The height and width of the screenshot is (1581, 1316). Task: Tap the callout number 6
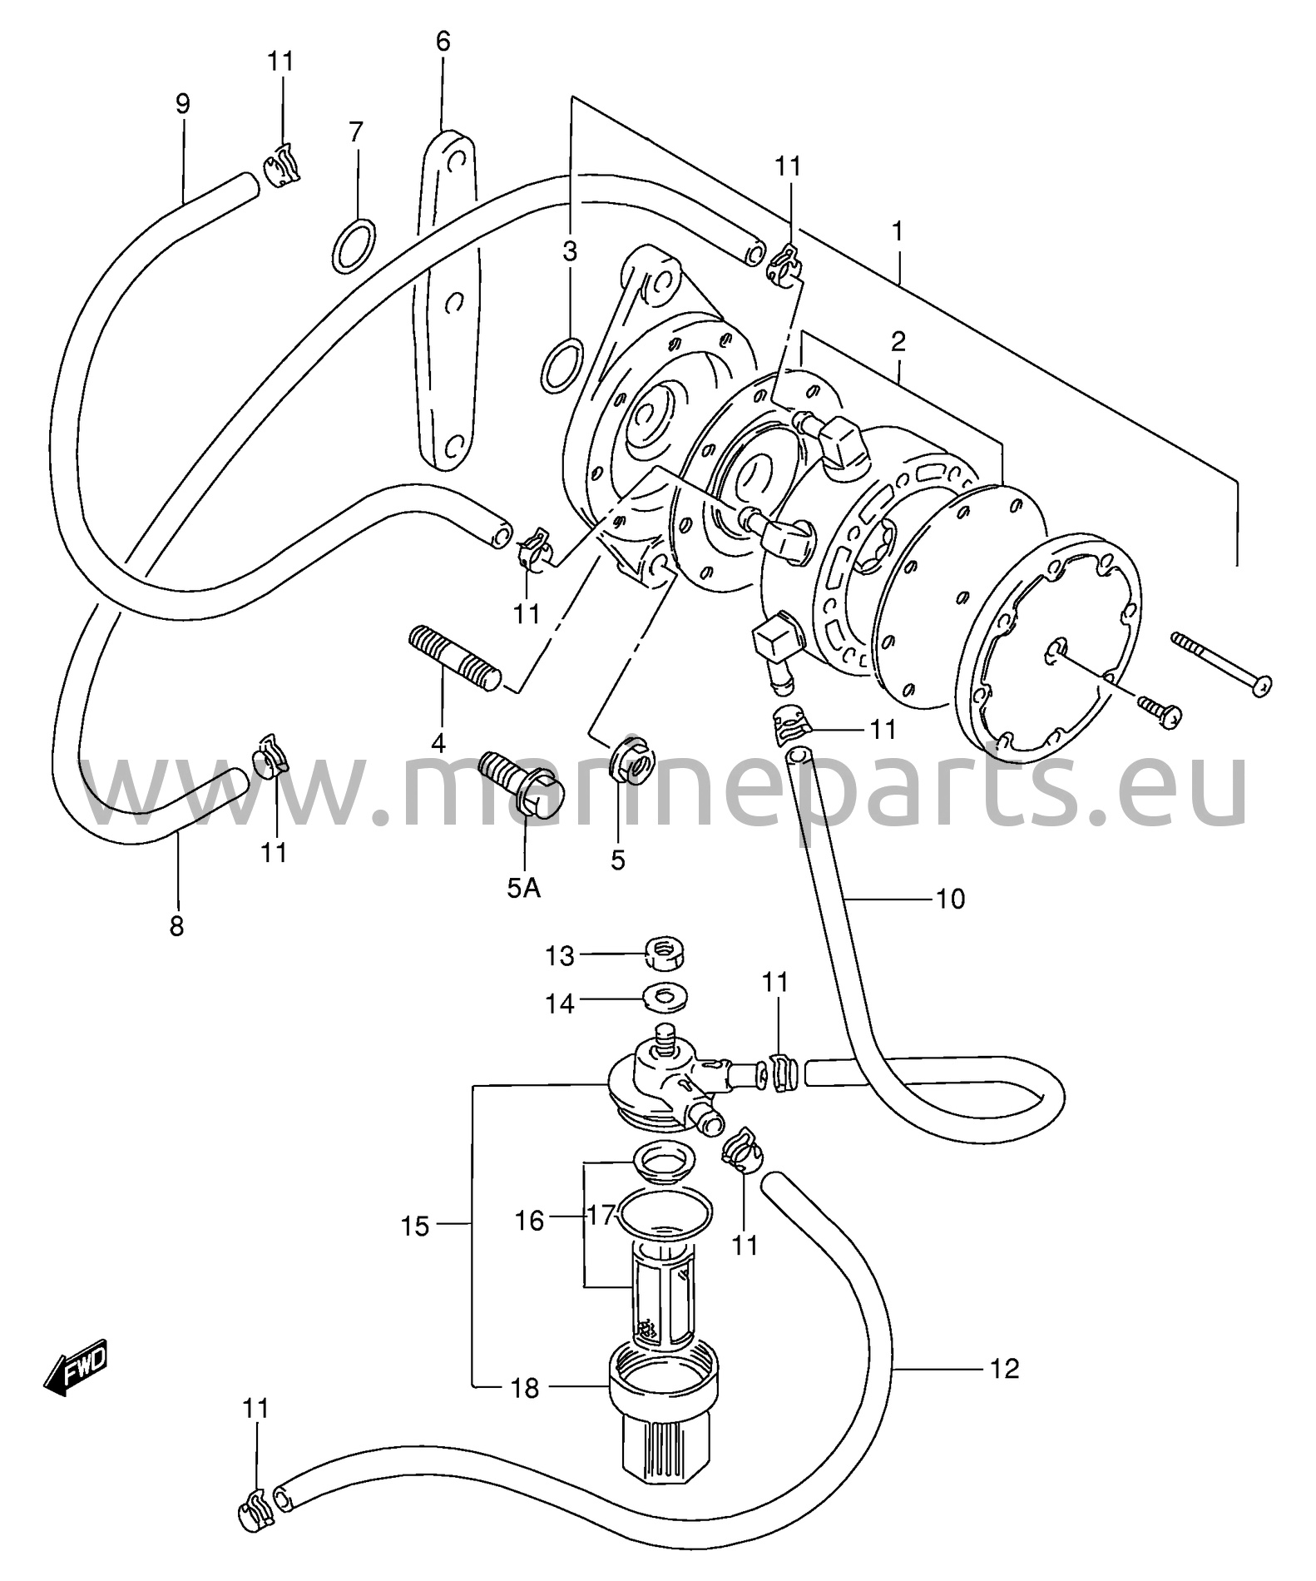click(x=443, y=41)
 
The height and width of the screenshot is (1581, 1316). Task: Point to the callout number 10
click(x=950, y=900)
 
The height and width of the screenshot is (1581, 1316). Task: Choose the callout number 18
click(x=525, y=1388)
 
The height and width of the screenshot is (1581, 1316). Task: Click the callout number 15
click(x=415, y=1226)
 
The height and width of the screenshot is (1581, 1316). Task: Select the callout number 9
click(x=182, y=104)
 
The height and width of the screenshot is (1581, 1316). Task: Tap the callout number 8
click(x=176, y=926)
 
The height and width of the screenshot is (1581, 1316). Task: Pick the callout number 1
click(x=898, y=231)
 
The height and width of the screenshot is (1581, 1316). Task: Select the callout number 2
click(x=898, y=341)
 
